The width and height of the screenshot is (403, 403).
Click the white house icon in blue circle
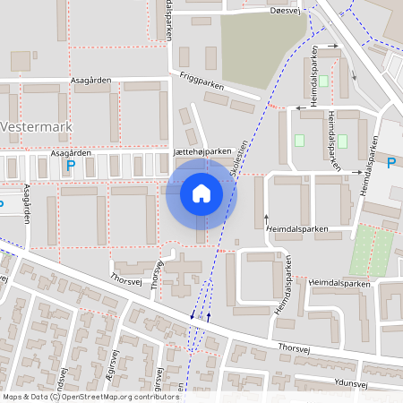(x=201, y=193)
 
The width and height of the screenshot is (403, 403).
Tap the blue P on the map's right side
(x=390, y=162)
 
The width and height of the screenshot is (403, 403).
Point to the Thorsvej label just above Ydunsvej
(x=294, y=346)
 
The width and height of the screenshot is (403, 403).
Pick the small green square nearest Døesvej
(x=323, y=81)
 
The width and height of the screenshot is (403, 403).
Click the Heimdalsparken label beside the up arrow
(x=297, y=229)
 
